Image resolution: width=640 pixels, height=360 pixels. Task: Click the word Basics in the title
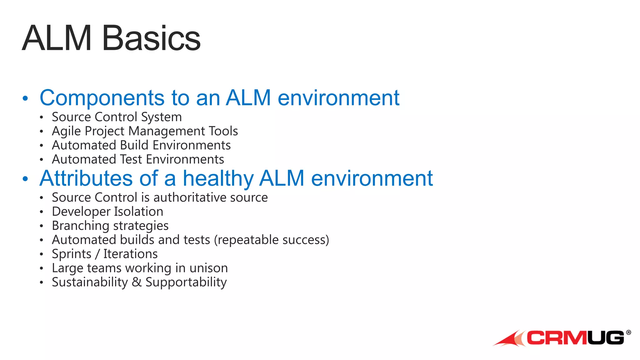pyautogui.click(x=151, y=38)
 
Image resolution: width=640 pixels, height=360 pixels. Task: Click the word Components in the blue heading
pyautogui.click(x=102, y=98)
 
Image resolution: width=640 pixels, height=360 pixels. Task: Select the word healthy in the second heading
pyautogui.click(x=218, y=178)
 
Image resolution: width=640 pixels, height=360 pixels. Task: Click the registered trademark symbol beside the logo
pyautogui.click(x=628, y=332)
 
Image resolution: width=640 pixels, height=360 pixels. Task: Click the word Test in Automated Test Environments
pyautogui.click(x=131, y=159)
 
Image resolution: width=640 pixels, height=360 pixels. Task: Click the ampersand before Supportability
pyautogui.click(x=137, y=282)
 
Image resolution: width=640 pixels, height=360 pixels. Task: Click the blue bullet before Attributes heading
pyautogui.click(x=25, y=179)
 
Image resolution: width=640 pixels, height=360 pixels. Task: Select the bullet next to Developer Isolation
pyautogui.click(x=41, y=212)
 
